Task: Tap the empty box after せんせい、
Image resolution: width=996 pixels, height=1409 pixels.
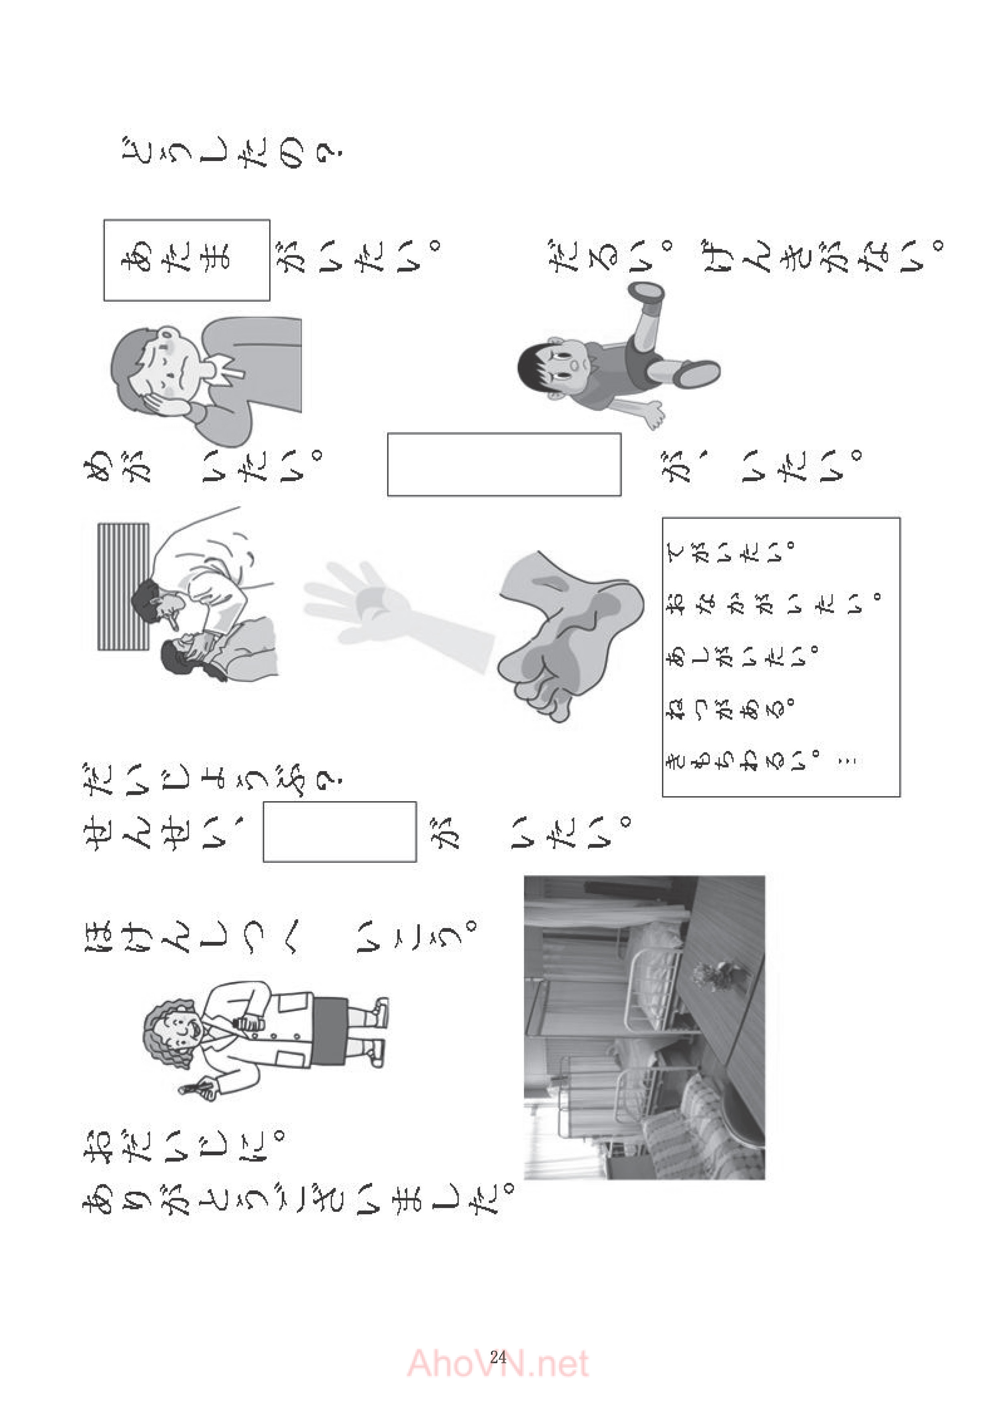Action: pyautogui.click(x=340, y=831)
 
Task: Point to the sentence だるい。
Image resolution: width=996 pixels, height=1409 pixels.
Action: pyautogui.click(x=612, y=256)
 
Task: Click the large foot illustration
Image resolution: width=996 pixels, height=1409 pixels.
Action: pyautogui.click(x=570, y=635)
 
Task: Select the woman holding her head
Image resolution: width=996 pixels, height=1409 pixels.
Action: pyautogui.click(x=206, y=380)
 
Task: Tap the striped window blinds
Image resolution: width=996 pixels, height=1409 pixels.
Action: pyautogui.click(x=123, y=586)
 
